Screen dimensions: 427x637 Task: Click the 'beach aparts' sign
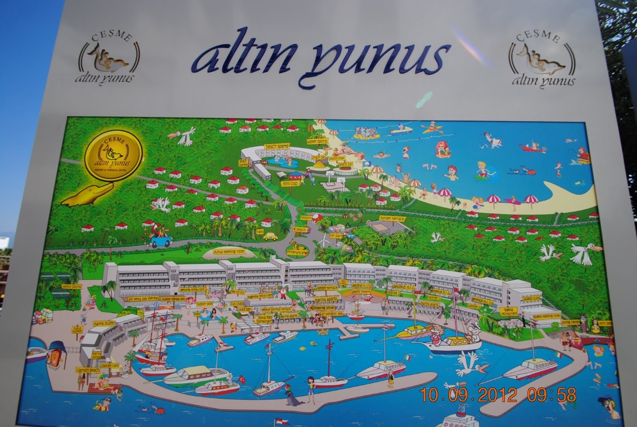pyautogui.click(x=277, y=146)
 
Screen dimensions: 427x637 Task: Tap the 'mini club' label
pyautogui.click(x=290, y=183)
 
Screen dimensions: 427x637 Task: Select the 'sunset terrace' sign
pyautogui.click(x=393, y=219)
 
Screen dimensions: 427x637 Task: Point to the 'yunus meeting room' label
pyautogui.click(x=229, y=251)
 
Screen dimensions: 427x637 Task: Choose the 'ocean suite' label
pyautogui.click(x=531, y=299)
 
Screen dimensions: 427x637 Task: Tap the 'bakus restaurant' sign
pyautogui.click(x=508, y=311)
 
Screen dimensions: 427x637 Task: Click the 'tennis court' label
pyautogui.click(x=72, y=286)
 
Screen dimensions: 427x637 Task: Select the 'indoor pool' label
pyautogui.click(x=204, y=304)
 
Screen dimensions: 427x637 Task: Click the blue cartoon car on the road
pyautogui.click(x=160, y=241)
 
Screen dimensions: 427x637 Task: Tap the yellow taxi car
pyautogui.click(x=270, y=236)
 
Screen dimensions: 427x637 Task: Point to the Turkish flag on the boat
pyautogui.click(x=242, y=379)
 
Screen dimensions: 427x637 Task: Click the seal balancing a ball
pyautogui.click(x=291, y=396)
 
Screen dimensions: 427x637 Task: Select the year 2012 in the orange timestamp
pyautogui.click(x=497, y=395)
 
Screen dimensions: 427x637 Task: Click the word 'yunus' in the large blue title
pyautogui.click(x=378, y=58)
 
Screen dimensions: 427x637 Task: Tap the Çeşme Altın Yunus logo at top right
pyautogui.click(x=541, y=58)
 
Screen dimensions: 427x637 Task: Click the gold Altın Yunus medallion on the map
pyautogui.click(x=113, y=155)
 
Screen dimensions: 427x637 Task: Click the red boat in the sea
pyautogui.click(x=533, y=148)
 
